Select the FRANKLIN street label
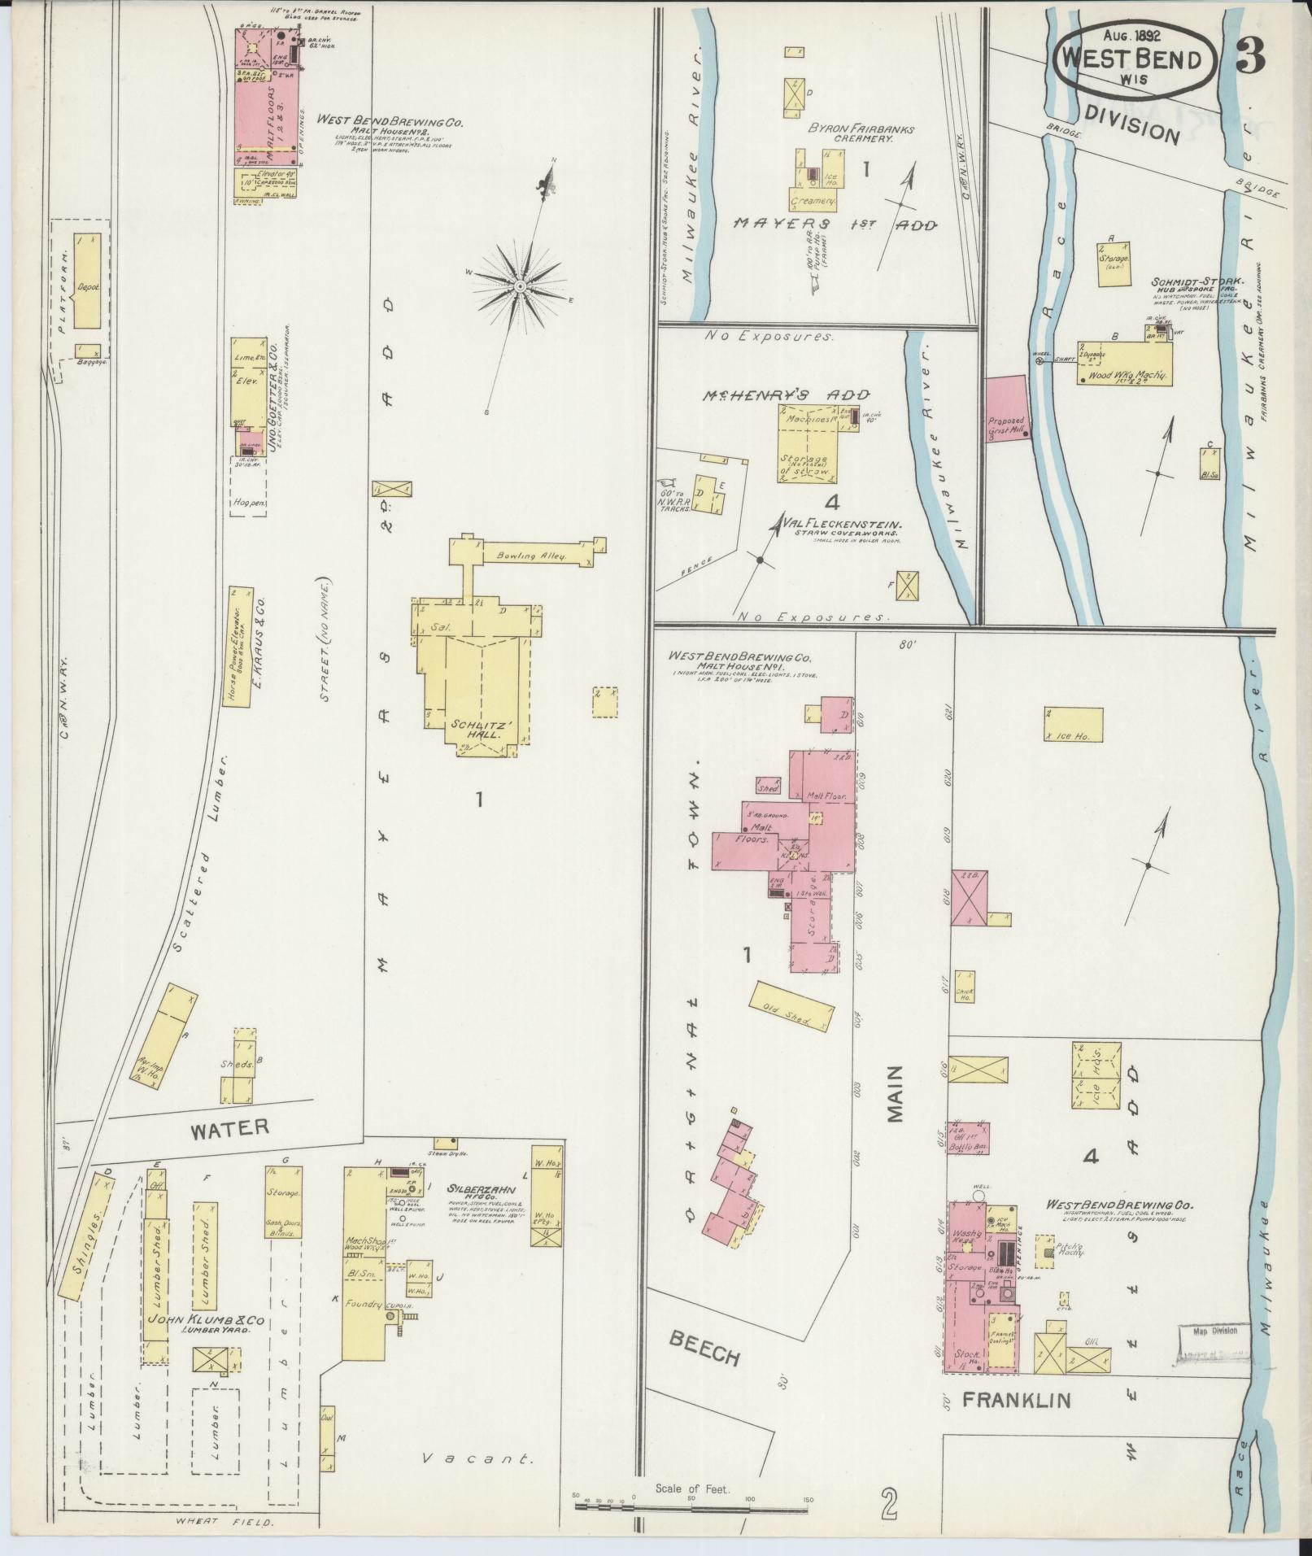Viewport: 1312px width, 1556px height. click(x=1016, y=1400)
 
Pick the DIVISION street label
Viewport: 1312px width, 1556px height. click(x=1131, y=124)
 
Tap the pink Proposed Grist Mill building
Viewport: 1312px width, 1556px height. click(x=1007, y=409)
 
